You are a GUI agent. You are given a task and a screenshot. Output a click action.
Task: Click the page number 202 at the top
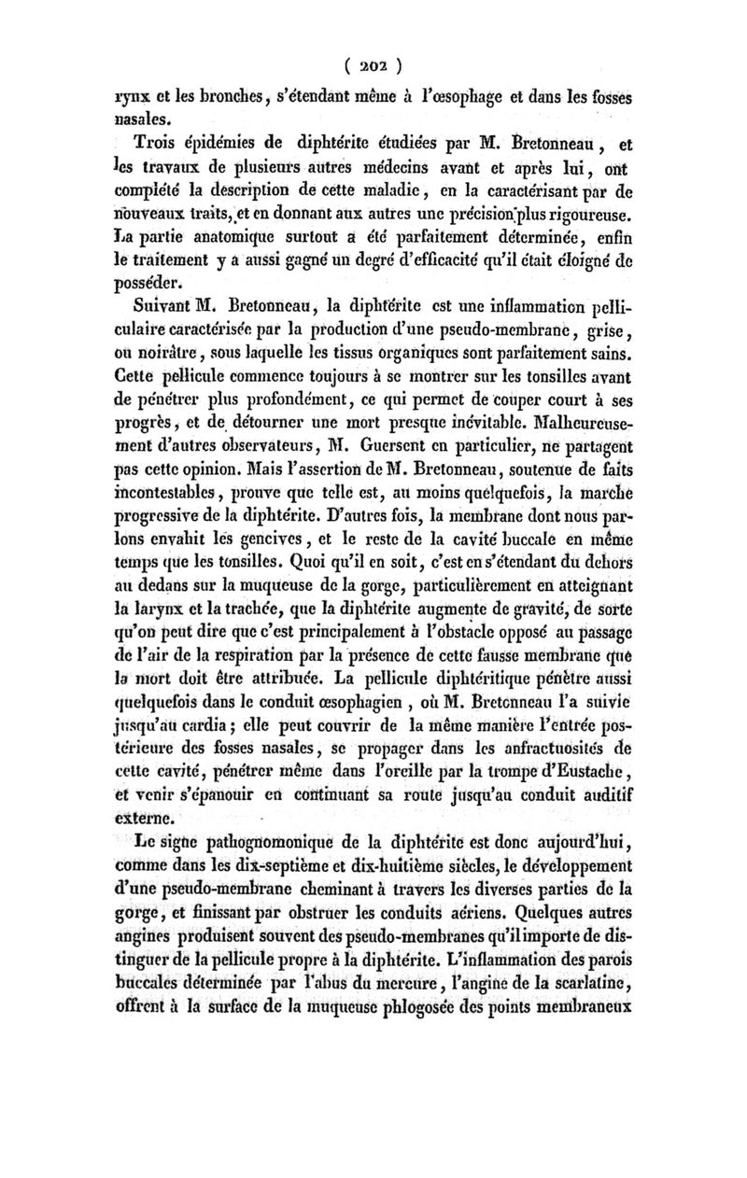373,67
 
